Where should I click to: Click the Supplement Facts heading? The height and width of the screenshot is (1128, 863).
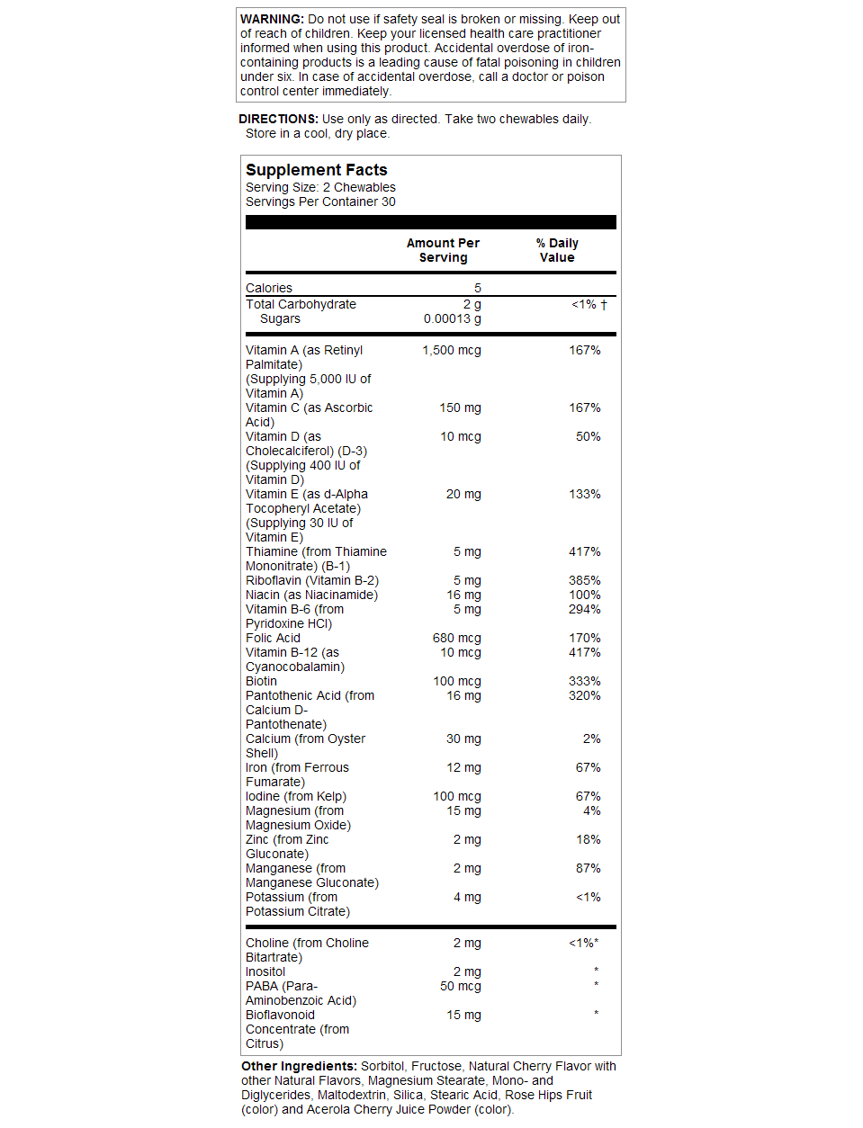[x=317, y=170]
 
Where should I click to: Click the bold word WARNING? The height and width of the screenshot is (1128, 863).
[x=272, y=19]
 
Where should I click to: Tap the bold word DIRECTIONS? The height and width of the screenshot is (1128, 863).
[x=278, y=119]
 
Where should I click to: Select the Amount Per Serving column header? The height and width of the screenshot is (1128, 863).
[x=443, y=250]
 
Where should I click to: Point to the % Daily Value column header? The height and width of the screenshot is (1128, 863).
[x=557, y=250]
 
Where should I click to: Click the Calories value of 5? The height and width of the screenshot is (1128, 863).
[x=478, y=288]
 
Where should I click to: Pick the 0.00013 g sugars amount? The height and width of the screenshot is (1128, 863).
[x=453, y=318]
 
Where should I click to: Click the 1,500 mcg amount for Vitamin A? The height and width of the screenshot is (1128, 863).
[x=452, y=350]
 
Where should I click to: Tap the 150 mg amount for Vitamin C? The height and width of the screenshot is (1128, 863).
[x=460, y=407]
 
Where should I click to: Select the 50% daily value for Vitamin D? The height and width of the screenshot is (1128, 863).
[x=589, y=436]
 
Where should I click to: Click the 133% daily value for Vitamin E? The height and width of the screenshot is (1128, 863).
[x=585, y=494]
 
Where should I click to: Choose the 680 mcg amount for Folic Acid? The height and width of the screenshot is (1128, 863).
[x=457, y=638]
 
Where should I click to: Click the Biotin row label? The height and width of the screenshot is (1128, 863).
[x=262, y=681]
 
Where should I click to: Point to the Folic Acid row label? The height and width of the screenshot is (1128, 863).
[x=274, y=638]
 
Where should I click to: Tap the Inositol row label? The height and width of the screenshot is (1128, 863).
[x=265, y=971]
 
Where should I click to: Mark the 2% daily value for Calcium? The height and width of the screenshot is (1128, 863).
[x=592, y=739]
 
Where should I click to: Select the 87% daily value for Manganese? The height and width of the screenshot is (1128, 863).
[x=589, y=868]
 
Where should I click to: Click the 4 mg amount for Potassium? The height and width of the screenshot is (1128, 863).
[x=467, y=897]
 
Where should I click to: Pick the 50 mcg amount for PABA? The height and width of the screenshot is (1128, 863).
[x=461, y=986]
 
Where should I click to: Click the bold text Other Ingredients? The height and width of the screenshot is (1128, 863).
[x=299, y=1066]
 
